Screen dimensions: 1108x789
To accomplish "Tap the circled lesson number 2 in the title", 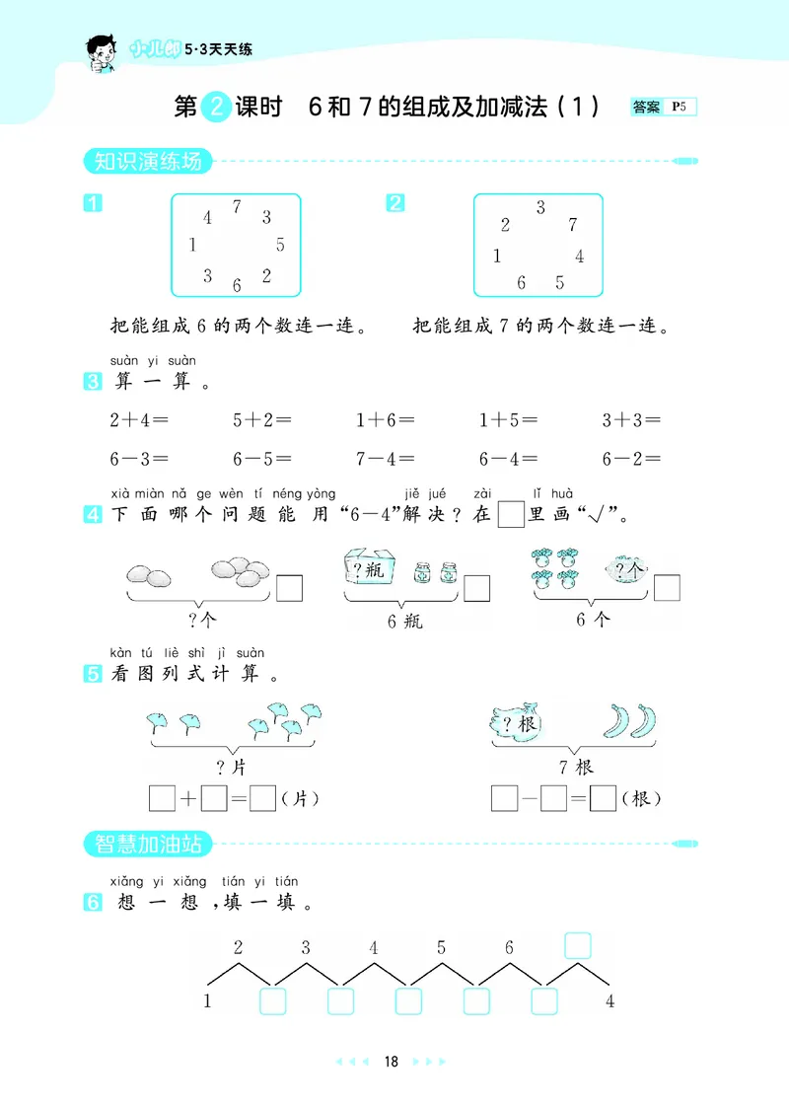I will pos(216,107).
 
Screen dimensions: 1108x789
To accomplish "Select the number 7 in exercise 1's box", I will pos(237,206).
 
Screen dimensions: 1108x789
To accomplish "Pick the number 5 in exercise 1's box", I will pos(280,245).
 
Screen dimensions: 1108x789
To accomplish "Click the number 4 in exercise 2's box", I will pos(580,257).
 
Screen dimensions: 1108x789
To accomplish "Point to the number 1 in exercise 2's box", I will pos(497,257).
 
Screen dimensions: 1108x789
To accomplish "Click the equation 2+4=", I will pos(139,420).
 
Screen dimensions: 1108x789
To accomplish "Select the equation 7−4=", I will pos(386,459).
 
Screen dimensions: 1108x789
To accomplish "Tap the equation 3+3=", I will pos(631,420).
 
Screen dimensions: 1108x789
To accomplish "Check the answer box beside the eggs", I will pos(289,588).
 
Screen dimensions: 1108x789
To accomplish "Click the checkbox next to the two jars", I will pos(476,588).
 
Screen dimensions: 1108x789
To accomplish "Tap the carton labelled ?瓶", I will pos(369,569).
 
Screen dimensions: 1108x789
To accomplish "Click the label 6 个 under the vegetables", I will pos(592,621).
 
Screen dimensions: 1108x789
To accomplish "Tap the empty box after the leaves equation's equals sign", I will pos(262,797).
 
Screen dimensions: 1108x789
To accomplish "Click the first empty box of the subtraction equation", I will pos(504,797).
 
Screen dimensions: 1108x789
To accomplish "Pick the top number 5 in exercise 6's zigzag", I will pos(441,948).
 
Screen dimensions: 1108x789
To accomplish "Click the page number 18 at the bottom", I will pos(392,1062).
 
